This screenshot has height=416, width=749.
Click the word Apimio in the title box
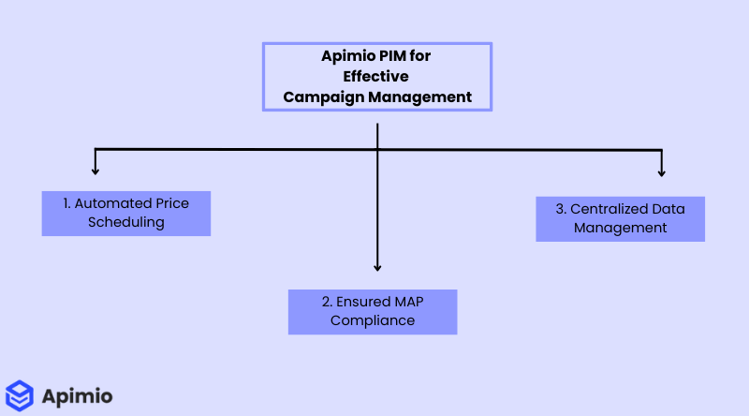[x=347, y=56]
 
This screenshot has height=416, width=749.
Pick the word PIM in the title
[x=394, y=56]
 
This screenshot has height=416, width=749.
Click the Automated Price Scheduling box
[x=125, y=214]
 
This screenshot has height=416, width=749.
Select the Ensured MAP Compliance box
[x=373, y=312]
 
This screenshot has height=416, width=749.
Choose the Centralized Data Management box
[x=620, y=218]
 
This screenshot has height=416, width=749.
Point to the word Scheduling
[x=125, y=223]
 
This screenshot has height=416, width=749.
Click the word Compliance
[x=373, y=321]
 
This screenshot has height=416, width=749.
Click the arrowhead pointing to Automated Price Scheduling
[x=95, y=171]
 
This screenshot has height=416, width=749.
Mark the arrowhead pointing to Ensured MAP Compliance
[x=377, y=268]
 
